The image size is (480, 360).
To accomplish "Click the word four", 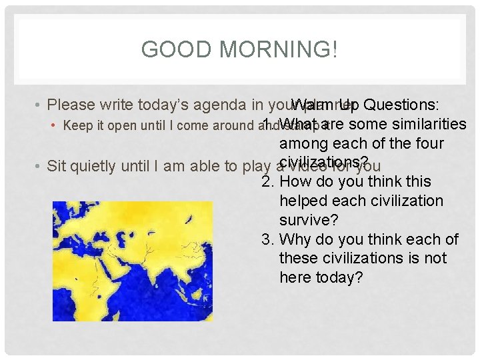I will click(x=427, y=143).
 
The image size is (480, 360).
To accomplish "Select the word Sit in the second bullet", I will click(x=59, y=166).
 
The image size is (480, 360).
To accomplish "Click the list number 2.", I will click(x=268, y=182).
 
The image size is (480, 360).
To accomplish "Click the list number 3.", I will click(x=268, y=239).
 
